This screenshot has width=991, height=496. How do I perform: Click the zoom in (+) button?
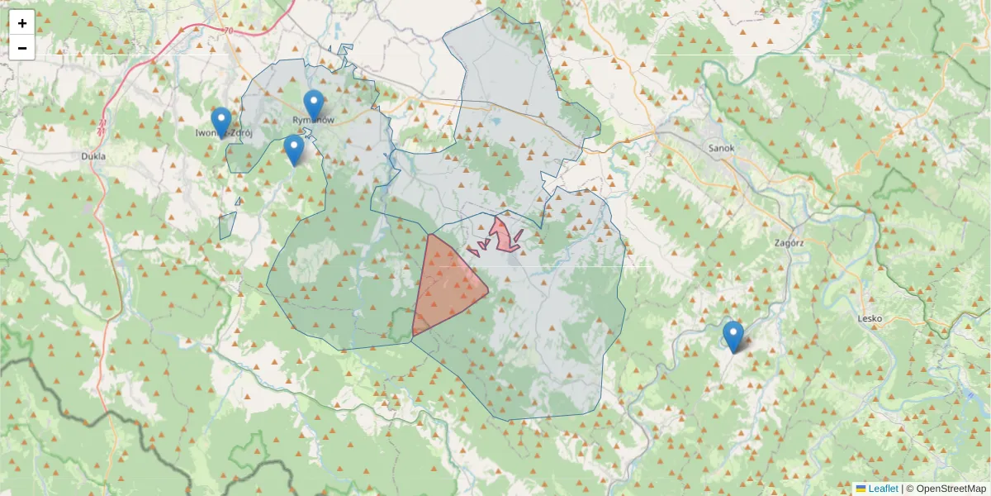tap(22, 23)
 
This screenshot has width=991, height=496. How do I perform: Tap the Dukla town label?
tap(94, 155)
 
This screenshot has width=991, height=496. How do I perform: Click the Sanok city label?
tap(721, 149)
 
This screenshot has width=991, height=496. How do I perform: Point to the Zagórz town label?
tap(790, 244)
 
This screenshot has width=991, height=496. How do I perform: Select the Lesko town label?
tap(870, 318)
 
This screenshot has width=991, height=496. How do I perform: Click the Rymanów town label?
tap(314, 121)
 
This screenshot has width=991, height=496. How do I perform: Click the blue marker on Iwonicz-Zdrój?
tap(221, 121)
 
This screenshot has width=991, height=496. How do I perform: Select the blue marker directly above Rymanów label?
tap(313, 103)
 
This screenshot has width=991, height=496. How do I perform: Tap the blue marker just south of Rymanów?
tap(294, 149)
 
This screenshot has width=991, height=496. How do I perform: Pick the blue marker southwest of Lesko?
tap(733, 335)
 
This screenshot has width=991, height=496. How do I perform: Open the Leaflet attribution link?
tap(883, 489)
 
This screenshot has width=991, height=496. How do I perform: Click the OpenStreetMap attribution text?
tap(951, 489)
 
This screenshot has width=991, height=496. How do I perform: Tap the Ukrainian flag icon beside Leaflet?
tap(861, 489)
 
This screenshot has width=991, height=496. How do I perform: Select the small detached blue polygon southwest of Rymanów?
tap(227, 225)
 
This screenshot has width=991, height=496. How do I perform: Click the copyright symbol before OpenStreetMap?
tap(910, 489)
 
